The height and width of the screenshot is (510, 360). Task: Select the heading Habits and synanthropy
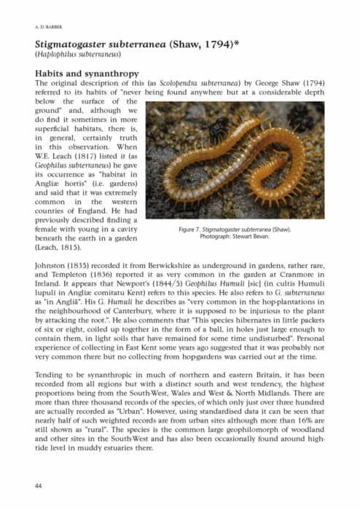click(x=85, y=74)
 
